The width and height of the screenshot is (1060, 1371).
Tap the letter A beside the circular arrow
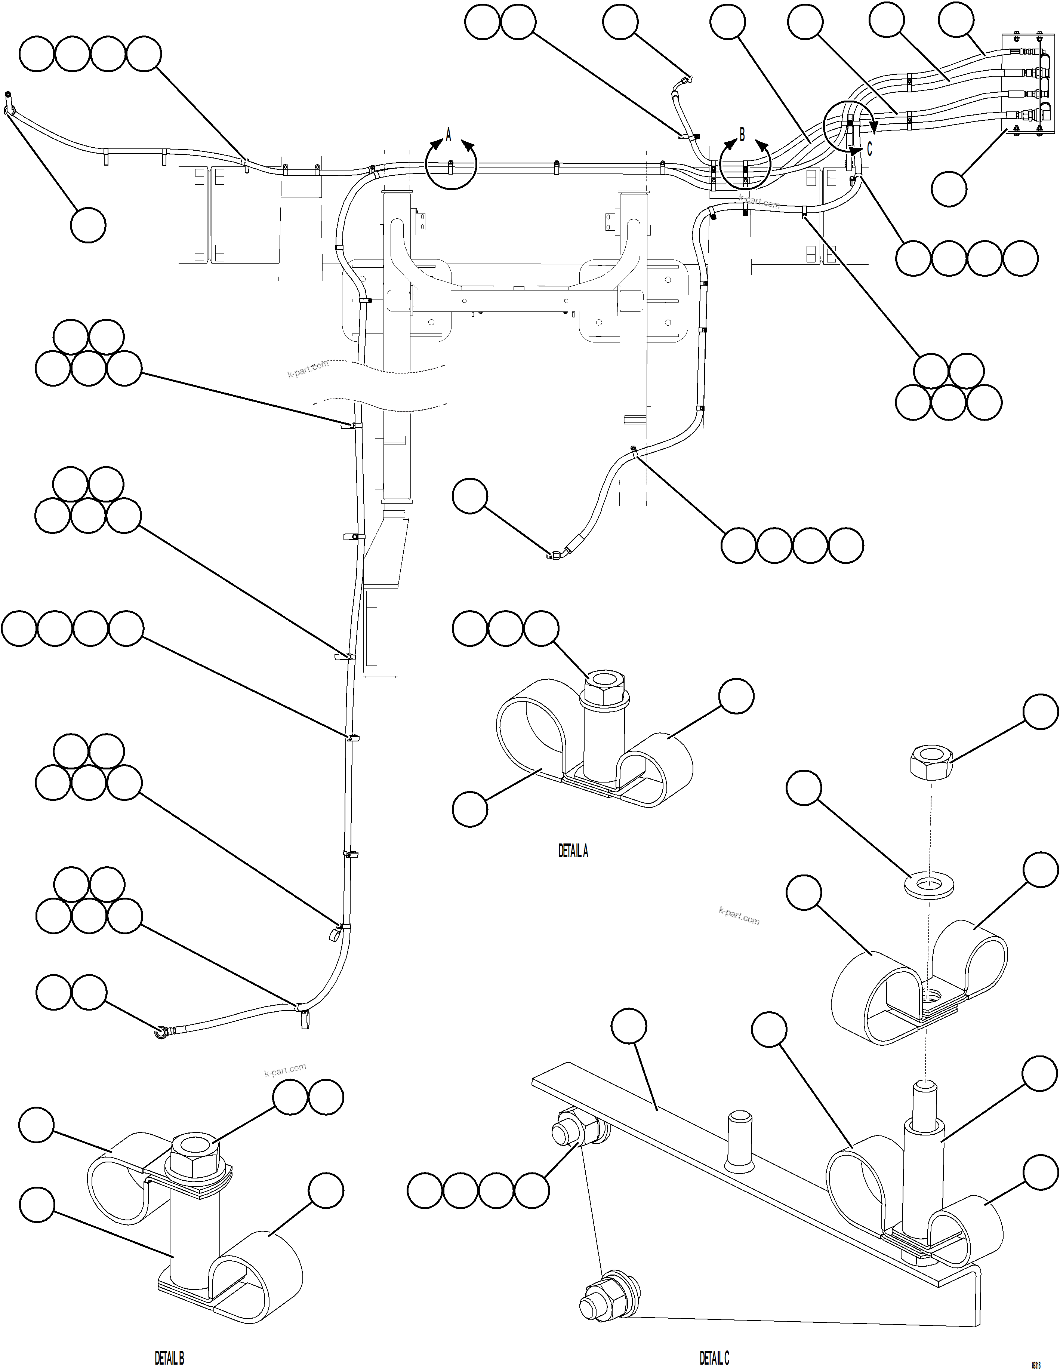[x=448, y=134]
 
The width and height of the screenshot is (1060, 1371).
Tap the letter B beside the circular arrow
[x=742, y=134]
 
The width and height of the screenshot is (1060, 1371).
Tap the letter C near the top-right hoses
[x=869, y=150]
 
